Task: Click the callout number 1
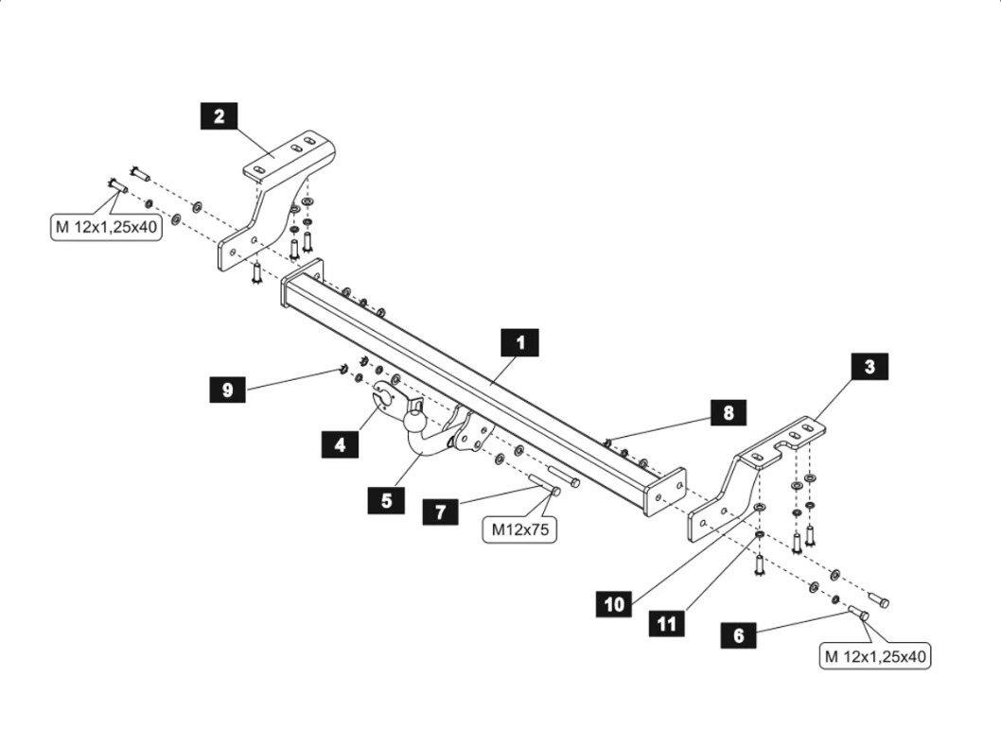coord(519,342)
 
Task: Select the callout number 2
coord(219,116)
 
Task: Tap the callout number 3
coord(869,367)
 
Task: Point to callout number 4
coord(340,443)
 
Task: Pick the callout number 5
coord(386,500)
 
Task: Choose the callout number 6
coord(738,635)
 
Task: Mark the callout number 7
coord(441,511)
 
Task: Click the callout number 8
coord(728,412)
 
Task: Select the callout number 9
coord(227,389)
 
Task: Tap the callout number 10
coord(615,604)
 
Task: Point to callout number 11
coord(667,623)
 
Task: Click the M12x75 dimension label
coord(519,530)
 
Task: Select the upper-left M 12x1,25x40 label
coord(106,228)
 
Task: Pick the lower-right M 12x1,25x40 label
coord(876,655)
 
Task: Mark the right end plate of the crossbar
coord(665,492)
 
